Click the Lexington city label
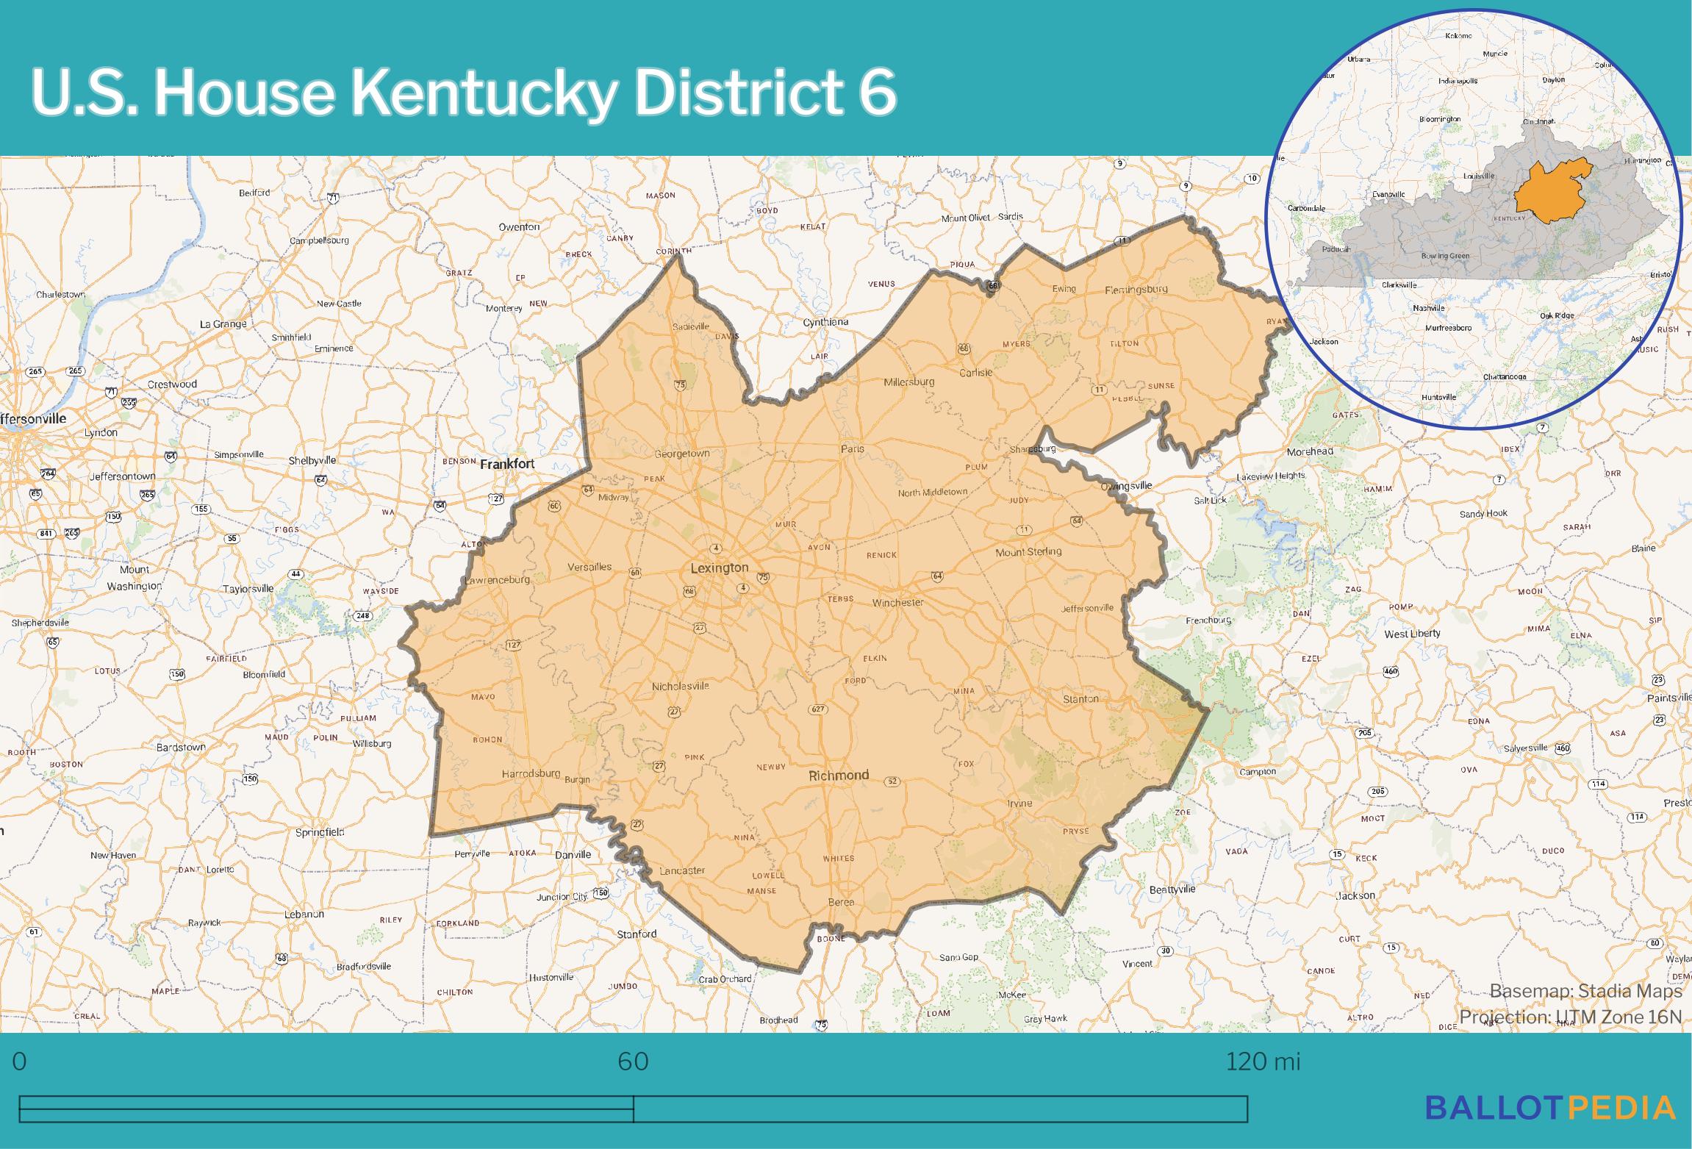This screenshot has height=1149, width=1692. pos(719,568)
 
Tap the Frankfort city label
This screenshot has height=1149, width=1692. pos(507,464)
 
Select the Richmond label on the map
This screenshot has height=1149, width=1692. pos(839,775)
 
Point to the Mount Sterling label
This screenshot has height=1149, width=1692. pos(1028,551)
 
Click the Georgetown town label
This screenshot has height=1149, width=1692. pos(682,454)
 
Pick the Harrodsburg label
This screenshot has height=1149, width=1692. pos(531,773)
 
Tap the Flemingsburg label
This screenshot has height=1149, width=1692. pos(1136,289)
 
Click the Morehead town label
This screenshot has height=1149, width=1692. pos(1309,451)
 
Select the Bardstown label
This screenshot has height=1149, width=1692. pos(181,747)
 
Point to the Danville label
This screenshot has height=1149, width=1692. pos(573,854)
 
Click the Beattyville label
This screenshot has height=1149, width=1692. pos(1172,889)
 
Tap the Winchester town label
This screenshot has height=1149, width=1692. pos(897,602)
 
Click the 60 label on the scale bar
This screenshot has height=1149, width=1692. pos(633,1061)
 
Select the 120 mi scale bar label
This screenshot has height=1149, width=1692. pos(1263,1061)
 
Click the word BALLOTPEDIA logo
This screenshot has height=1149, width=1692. pos(1550,1108)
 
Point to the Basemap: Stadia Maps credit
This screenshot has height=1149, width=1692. pos(1585,991)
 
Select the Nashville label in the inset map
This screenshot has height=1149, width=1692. pos(1429,308)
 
